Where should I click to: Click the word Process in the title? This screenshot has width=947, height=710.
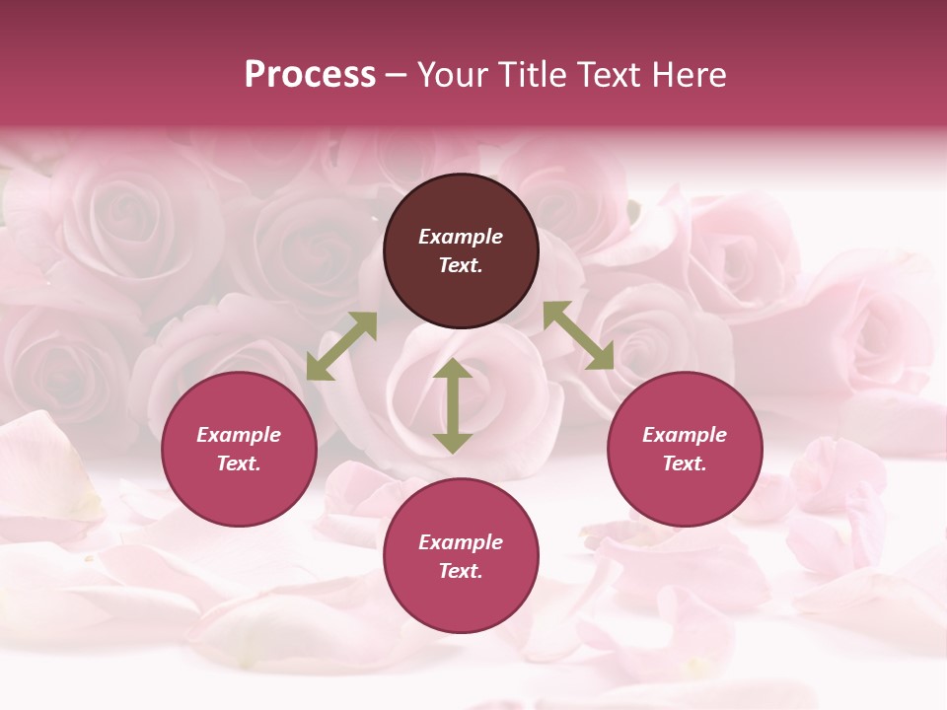pos(310,75)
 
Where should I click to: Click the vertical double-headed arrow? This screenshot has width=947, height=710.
pos(453,406)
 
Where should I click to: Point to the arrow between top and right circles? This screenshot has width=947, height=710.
pos(578,335)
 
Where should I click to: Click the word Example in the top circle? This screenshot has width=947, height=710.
pos(461,237)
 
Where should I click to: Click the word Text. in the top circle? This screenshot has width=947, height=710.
pos(461,265)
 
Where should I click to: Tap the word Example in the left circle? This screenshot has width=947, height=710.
pos(239,435)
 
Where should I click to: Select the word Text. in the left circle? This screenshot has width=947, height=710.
pos(239,463)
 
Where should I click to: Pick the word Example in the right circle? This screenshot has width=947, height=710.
pos(685,435)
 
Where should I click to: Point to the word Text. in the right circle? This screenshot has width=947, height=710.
pos(685,463)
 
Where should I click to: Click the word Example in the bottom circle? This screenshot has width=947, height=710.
pos(461,542)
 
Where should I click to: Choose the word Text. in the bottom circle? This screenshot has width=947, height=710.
pos(461,571)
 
